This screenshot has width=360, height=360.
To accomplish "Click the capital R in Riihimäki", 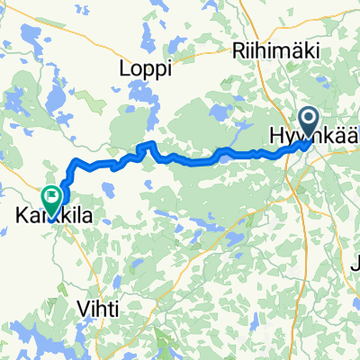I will point(238,50).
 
